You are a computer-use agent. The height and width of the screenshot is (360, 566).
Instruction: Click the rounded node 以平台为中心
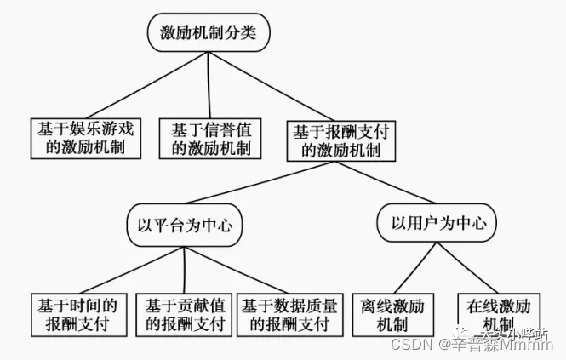coord(185,226)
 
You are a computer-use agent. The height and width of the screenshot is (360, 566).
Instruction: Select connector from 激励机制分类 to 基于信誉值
coord(210,84)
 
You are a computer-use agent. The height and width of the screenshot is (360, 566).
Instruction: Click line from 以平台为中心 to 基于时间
coord(128,270)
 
